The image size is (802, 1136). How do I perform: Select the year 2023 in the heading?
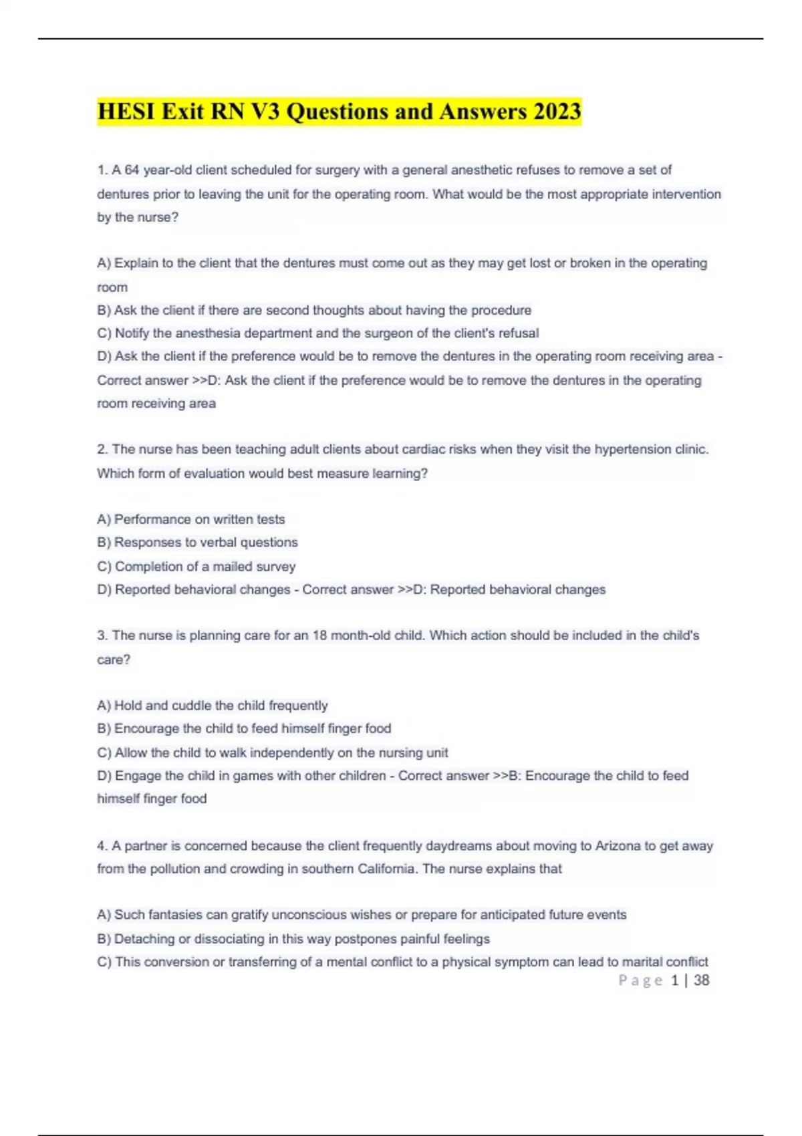tap(557, 111)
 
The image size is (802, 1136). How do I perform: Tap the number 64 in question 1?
tap(132, 170)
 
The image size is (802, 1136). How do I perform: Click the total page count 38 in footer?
tap(701, 980)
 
